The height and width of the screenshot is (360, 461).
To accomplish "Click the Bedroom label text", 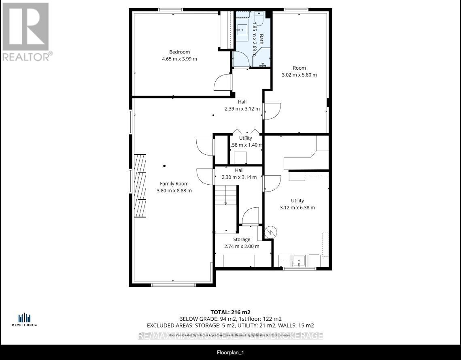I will (179, 52).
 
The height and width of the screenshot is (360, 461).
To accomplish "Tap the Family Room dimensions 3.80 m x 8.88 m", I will (174, 191).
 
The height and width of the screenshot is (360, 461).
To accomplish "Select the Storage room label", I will (241, 239).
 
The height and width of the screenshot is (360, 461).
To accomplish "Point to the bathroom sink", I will (243, 29).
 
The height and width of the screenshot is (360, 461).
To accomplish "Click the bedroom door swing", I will (223, 83).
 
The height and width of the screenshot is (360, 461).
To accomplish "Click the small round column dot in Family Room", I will (164, 166).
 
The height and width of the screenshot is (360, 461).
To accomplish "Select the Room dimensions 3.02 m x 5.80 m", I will (299, 75).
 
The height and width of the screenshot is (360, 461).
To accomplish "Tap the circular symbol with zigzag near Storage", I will (270, 232).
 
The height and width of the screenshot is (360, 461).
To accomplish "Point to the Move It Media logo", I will (25, 319).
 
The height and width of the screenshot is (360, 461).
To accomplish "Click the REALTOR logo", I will (26, 32).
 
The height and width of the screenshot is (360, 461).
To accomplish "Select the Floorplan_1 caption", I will (230, 353).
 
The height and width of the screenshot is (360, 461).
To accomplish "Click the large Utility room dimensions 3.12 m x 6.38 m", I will (297, 208).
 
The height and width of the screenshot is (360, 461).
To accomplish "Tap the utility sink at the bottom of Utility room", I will (299, 260).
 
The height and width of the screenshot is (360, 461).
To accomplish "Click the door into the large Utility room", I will (272, 183).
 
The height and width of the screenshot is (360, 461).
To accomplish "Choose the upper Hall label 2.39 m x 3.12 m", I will (242, 109).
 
